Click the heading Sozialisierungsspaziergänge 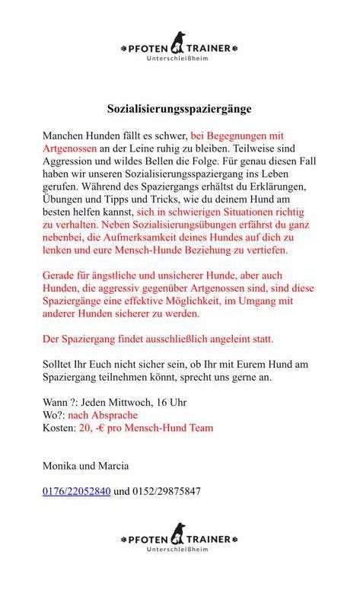pyautogui.click(x=179, y=109)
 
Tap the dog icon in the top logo pyautogui.click(x=179, y=41)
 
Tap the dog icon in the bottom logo pyautogui.click(x=179, y=532)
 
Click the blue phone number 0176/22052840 pyautogui.click(x=77, y=491)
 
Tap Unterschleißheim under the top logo pyautogui.click(x=179, y=59)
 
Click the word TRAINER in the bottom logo pyautogui.click(x=211, y=539)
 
